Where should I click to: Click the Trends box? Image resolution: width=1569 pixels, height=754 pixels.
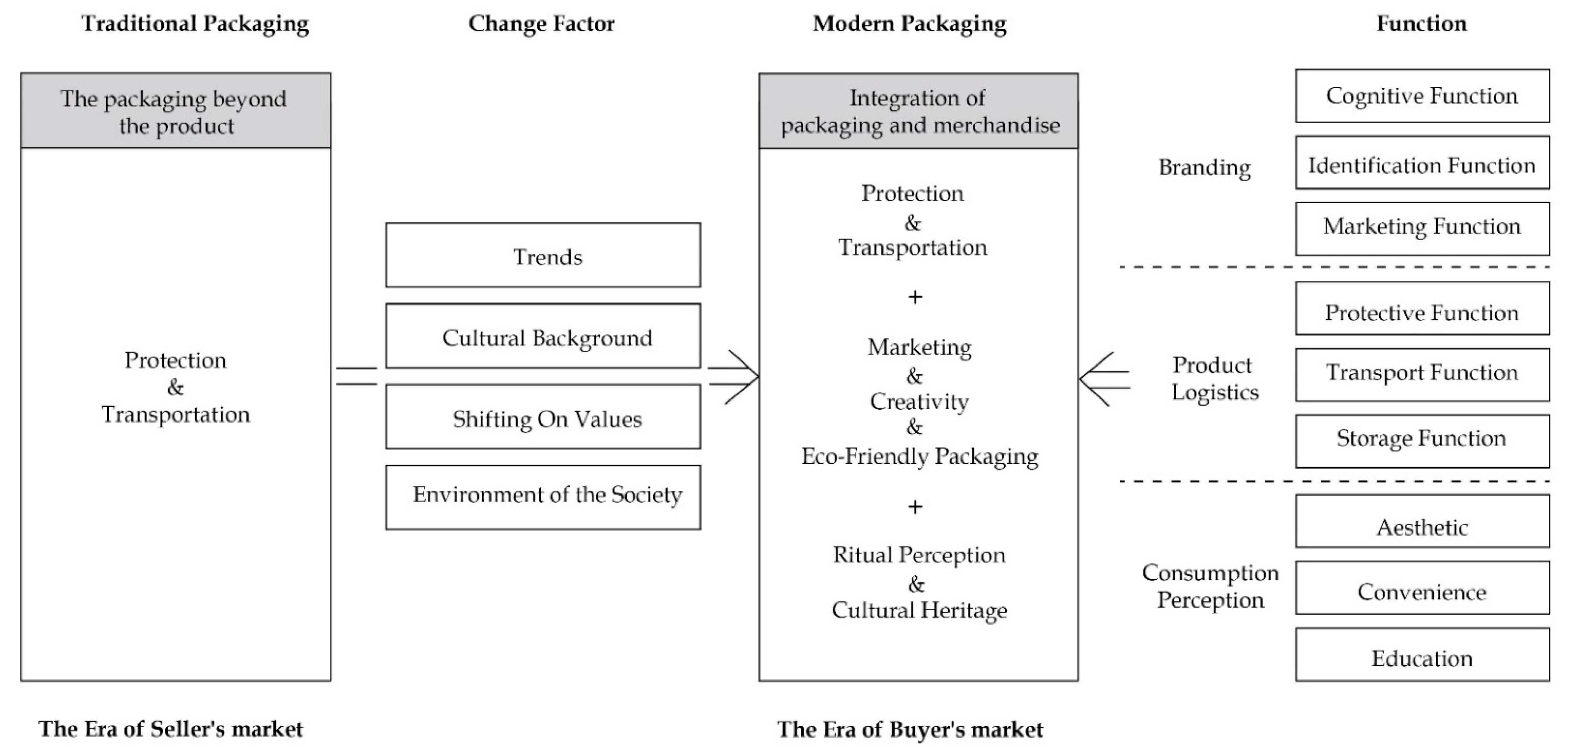tap(543, 255)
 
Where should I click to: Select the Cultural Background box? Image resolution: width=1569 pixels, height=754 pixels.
tap(543, 336)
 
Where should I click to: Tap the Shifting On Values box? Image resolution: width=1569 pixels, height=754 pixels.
tap(543, 417)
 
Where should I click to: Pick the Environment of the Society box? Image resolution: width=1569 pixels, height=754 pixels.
tap(543, 498)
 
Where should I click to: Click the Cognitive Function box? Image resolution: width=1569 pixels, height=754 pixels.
tap(1422, 96)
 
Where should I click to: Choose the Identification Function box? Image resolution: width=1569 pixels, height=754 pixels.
tap(1422, 163)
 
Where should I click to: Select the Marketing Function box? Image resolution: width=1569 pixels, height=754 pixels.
tap(1422, 229)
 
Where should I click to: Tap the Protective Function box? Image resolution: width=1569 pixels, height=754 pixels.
tap(1422, 309)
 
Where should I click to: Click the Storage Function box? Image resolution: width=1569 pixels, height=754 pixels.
tap(1422, 442)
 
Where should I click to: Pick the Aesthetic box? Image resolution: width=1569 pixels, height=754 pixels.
tap(1422, 521)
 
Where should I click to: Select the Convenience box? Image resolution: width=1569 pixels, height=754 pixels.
tap(1422, 588)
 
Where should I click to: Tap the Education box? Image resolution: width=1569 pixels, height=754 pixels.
tap(1422, 655)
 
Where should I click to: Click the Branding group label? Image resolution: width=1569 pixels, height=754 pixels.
tap(1204, 167)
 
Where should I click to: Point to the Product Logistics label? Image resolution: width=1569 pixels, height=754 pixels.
tap(1214, 379)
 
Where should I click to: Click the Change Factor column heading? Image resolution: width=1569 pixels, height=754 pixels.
tap(541, 24)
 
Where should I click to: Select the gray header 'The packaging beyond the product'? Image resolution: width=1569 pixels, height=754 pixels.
tap(175, 111)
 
